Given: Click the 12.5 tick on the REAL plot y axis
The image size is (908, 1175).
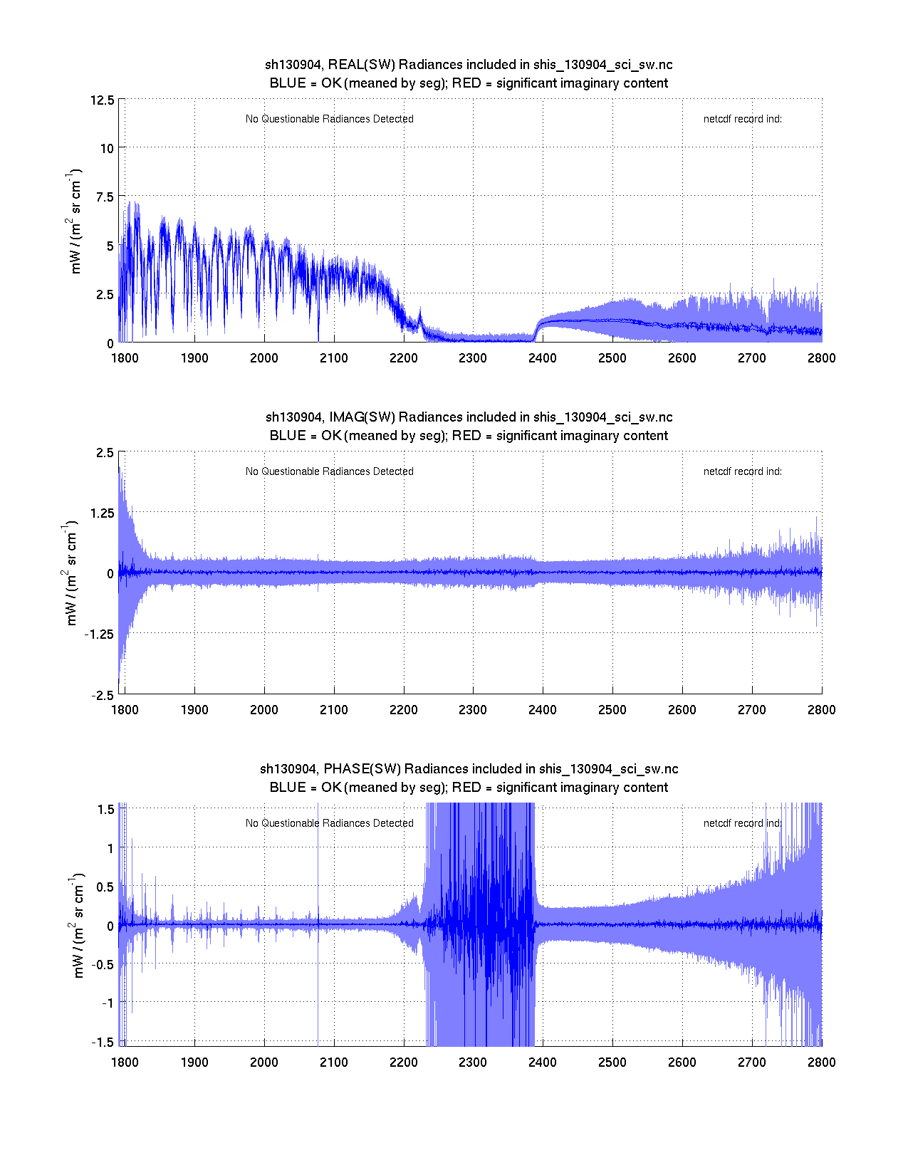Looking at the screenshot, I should coord(102,100).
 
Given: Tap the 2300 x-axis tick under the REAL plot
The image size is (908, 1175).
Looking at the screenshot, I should coord(473,358).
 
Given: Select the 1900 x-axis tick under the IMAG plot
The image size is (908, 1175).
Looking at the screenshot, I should coord(194,710).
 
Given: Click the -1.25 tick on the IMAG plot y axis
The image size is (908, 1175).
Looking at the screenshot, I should coord(98,634).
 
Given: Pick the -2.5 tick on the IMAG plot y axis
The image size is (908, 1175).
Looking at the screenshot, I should coord(102,696).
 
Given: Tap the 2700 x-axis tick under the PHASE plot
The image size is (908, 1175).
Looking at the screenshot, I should coord(752,1062).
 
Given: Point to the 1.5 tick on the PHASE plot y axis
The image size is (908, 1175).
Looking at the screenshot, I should coord(106,810).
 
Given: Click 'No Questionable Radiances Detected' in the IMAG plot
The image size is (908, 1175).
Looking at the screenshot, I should coord(329,471).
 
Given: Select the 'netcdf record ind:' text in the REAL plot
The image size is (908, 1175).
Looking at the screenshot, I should coord(742,119).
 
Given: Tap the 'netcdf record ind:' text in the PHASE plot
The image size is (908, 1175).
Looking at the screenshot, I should coord(742,823).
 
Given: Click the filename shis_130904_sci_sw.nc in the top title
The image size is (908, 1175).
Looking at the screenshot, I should coord(602,65).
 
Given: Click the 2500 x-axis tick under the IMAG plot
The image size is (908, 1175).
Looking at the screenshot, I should coord(612,710).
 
